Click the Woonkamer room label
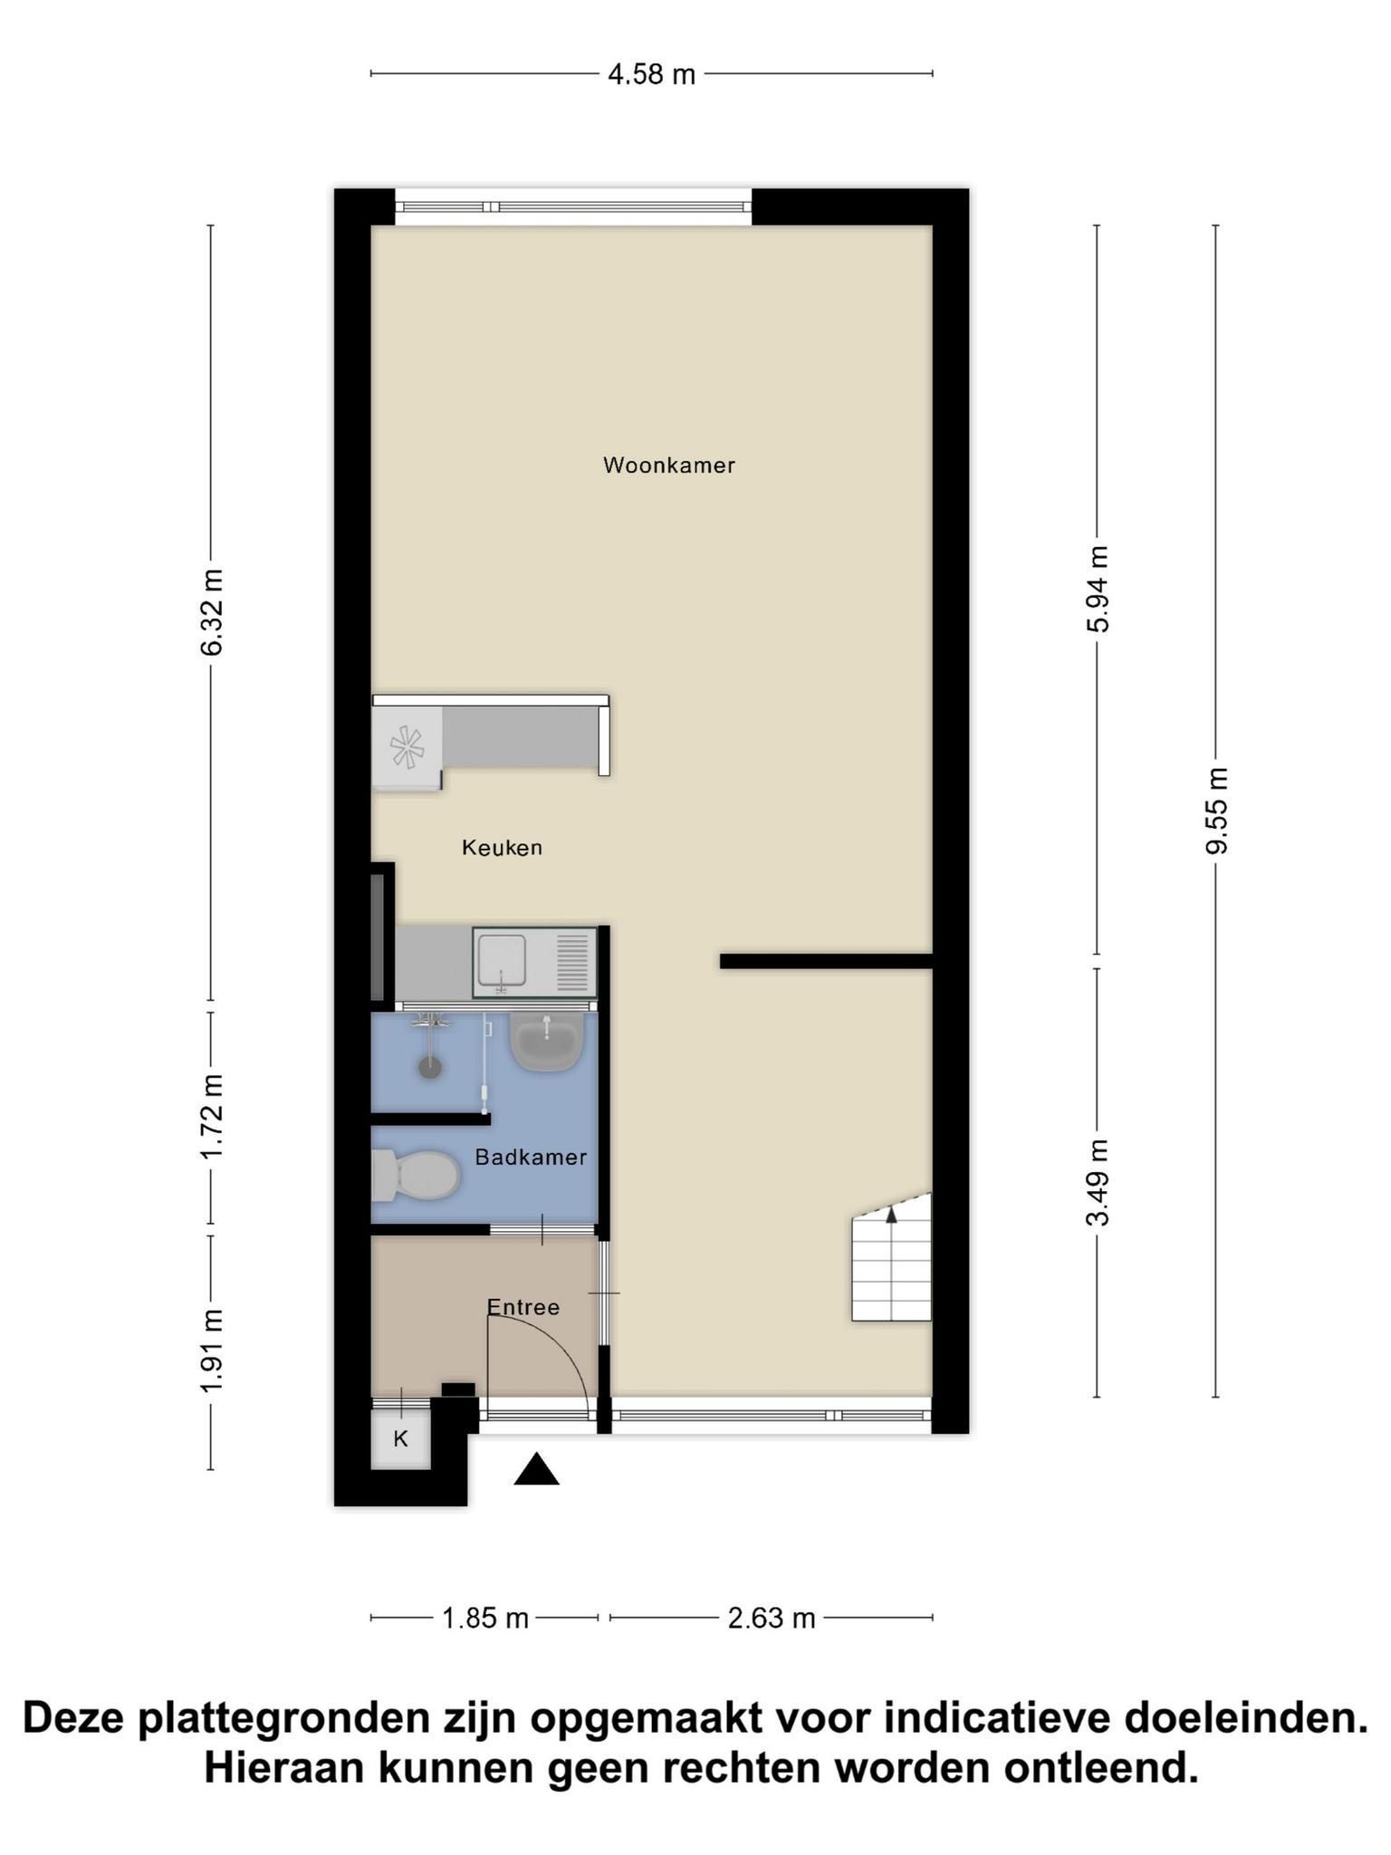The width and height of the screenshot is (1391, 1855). (669, 466)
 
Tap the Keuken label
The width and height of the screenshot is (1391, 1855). (502, 848)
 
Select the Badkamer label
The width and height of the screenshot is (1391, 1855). (531, 1157)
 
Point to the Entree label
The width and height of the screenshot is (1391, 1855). (523, 1307)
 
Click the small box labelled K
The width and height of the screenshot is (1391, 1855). (400, 1438)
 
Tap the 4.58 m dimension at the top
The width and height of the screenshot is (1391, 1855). (651, 74)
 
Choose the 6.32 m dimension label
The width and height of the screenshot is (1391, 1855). (212, 612)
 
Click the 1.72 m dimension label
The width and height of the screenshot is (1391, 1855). (212, 1117)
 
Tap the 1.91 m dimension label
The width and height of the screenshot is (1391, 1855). (212, 1351)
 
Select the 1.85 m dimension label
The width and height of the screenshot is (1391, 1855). (484, 1618)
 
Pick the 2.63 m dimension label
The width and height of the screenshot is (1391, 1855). (772, 1618)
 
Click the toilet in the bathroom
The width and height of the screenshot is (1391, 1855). (416, 1175)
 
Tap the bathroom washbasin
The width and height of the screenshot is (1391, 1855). (546, 1042)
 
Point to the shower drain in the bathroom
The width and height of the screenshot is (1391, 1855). (429, 1066)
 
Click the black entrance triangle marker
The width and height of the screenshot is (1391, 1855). (536, 1470)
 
